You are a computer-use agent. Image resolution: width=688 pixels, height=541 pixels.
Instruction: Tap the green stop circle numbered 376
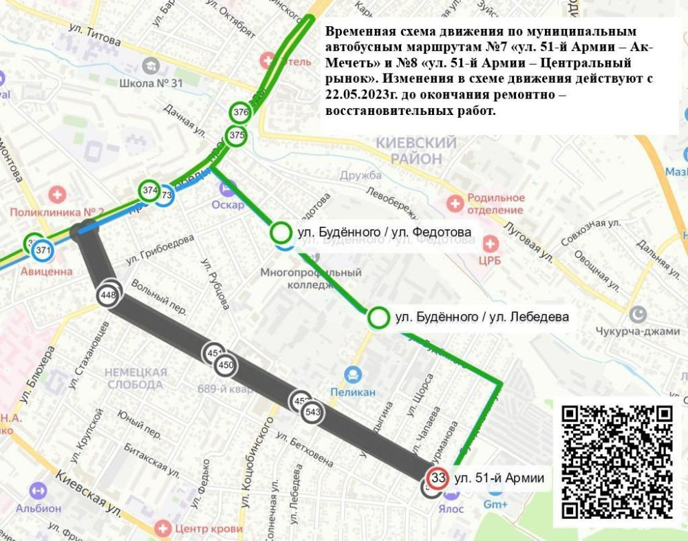click(241, 112)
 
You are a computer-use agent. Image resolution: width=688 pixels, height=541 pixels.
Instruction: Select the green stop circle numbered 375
click(237, 135)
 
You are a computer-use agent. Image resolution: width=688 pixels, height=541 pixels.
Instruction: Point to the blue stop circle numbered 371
click(43, 250)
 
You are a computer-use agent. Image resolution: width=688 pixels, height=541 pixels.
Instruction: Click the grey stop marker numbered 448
click(108, 296)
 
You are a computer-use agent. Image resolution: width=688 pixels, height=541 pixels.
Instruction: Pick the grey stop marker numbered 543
click(312, 412)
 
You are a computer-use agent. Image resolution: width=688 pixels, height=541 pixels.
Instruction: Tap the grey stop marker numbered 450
click(226, 365)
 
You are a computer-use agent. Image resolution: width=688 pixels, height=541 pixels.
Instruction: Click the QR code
click(617, 461)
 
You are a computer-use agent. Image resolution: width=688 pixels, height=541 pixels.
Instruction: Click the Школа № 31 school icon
click(148, 65)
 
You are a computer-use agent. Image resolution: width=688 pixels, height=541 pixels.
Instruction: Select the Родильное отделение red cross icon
click(454, 204)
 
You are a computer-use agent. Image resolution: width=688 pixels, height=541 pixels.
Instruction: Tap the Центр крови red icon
click(163, 529)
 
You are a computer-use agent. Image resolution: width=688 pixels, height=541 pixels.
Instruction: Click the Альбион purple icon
click(39, 491)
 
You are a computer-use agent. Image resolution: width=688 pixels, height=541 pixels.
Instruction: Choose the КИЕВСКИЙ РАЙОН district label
click(416, 151)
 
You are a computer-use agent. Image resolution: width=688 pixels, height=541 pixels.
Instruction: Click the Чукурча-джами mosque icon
click(639, 315)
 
